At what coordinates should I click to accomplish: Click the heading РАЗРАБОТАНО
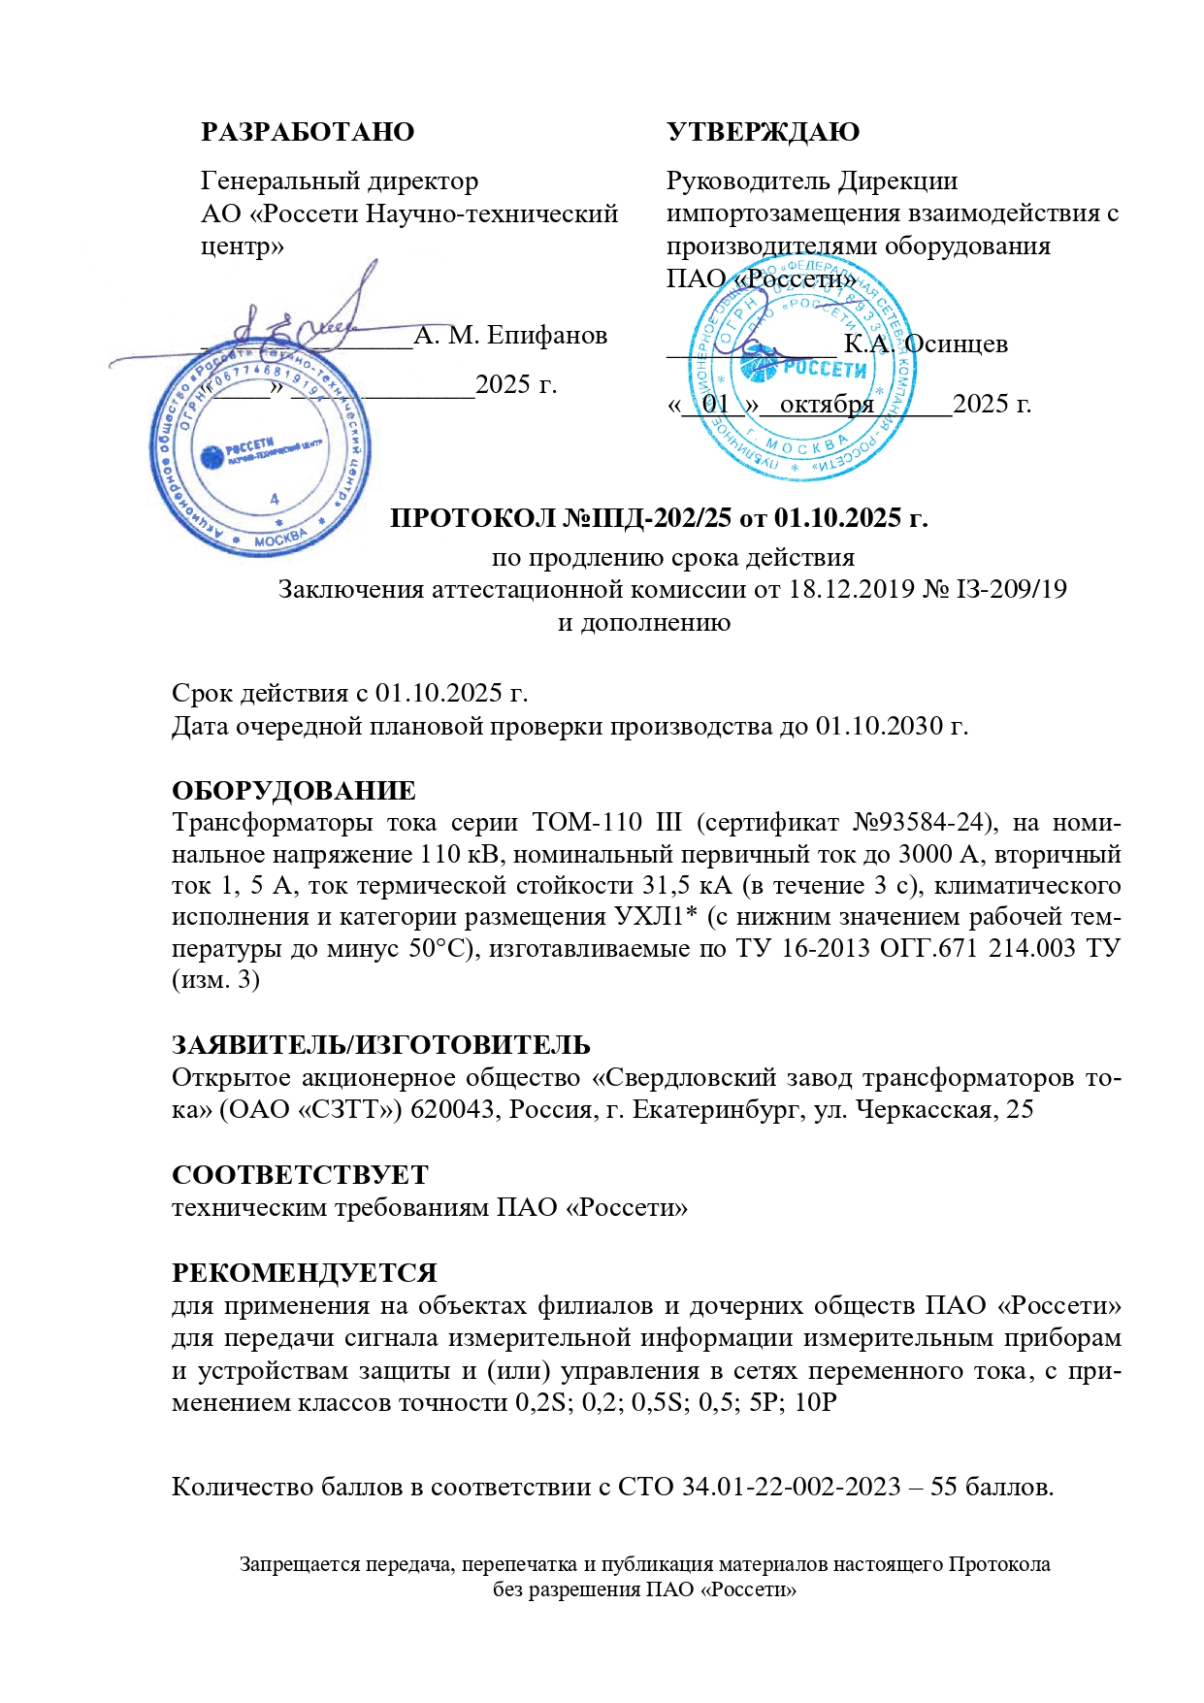[x=308, y=132]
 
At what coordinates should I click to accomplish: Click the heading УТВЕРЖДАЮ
[x=763, y=132]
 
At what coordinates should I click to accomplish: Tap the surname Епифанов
[x=547, y=336]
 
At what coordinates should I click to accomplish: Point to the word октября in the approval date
[x=827, y=405]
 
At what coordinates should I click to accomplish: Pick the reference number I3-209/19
[x=1012, y=589]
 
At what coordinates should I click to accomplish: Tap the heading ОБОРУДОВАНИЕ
[x=294, y=791]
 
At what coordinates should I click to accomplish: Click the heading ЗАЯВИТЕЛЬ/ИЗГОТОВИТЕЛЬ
[x=381, y=1045]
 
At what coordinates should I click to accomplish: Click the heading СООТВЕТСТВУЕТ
[x=300, y=1175]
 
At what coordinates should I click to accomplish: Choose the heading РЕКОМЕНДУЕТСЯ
[x=305, y=1273]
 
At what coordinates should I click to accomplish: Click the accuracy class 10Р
[x=815, y=1403]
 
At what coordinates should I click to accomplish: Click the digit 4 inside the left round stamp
[x=275, y=499]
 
